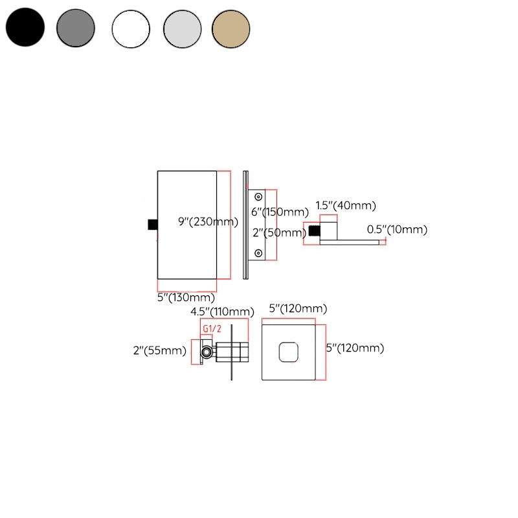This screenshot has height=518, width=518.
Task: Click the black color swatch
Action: click(25, 28)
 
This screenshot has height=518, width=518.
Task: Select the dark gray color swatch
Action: click(76, 28)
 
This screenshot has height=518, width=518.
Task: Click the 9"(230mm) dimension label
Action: click(208, 221)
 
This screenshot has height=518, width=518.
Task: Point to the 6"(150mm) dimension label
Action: click(280, 212)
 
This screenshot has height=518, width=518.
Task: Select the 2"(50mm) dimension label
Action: click(278, 232)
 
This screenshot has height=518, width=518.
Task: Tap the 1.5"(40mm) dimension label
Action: click(346, 206)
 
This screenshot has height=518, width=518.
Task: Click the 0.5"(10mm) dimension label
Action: click(397, 229)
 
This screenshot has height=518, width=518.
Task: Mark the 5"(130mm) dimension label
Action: click(186, 298)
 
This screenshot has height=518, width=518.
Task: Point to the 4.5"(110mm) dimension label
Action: click(222, 312)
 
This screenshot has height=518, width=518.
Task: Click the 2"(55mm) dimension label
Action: click(159, 351)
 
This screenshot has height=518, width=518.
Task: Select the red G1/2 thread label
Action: click(208, 329)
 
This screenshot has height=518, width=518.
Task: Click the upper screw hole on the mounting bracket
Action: click(259, 196)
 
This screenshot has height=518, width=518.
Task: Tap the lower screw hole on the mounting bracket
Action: click(259, 253)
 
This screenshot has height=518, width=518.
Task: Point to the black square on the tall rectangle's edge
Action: click(152, 224)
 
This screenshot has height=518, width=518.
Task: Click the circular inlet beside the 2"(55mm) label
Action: click(207, 352)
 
